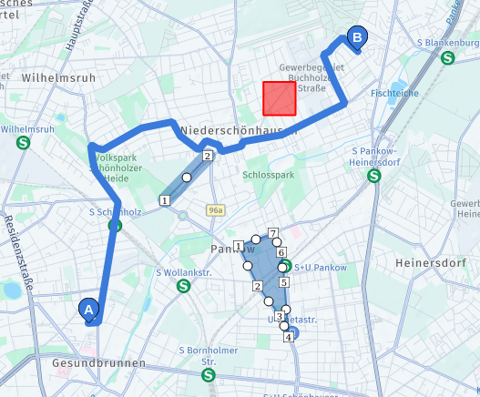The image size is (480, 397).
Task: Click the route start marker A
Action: point(89,309)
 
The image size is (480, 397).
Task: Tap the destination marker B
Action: point(357,38)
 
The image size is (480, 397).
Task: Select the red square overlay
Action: point(280,98)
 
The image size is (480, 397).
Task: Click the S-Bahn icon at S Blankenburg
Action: point(447,58)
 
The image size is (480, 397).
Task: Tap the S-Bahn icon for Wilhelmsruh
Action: point(23,142)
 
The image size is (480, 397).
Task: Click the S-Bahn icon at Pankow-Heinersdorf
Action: point(372,177)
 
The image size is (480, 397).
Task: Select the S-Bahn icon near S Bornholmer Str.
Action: point(209,374)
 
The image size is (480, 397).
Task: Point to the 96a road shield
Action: point(215,210)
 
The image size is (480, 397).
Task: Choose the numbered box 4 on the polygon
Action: point(289,337)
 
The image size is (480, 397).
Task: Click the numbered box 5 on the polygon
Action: point(283,282)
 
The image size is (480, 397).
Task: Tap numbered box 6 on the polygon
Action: point(281,252)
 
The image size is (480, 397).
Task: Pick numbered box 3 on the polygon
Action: point(279,316)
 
